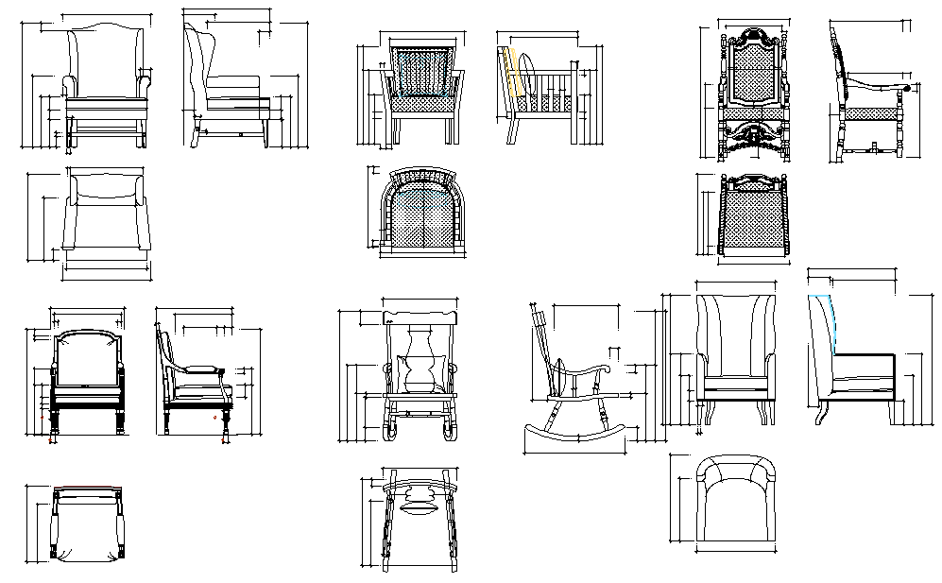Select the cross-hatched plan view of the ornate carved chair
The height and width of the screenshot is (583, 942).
(x=753, y=217)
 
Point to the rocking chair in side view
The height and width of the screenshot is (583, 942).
(x=571, y=378)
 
